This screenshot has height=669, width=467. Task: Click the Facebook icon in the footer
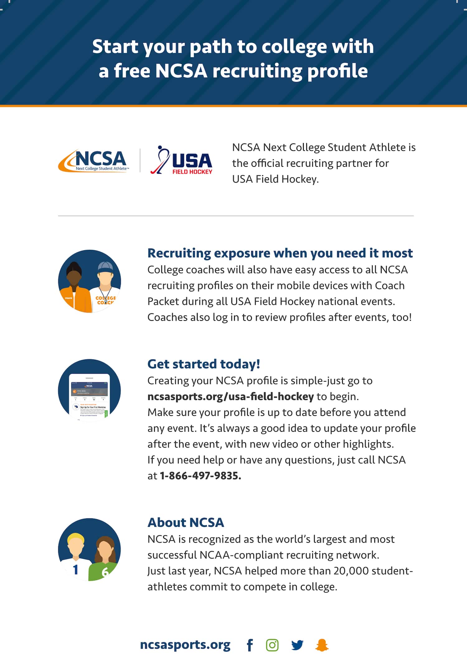tap(250, 645)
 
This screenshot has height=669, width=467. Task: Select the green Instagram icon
tap(272, 645)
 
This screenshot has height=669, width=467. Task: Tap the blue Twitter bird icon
tap(297, 645)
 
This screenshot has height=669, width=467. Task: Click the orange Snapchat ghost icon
tap(322, 645)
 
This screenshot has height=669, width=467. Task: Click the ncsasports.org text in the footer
tap(185, 644)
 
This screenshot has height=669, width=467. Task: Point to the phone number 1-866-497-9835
tap(200, 476)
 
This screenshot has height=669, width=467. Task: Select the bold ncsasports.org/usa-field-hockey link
tap(230, 397)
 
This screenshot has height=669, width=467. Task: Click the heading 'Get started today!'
tap(204, 364)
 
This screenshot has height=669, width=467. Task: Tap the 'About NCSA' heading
tap(186, 522)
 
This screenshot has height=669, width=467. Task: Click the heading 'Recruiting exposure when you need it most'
tap(280, 253)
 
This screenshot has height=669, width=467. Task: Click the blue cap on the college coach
tap(105, 267)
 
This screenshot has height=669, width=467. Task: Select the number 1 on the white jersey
tap(75, 570)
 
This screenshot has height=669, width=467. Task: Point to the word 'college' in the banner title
tap(294, 47)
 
